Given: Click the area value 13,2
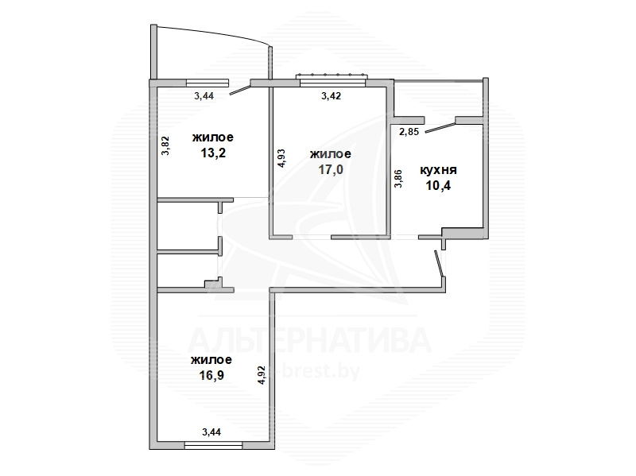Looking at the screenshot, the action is click(213, 153).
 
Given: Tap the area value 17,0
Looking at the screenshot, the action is click(331, 169).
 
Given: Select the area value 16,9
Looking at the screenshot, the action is click(211, 375).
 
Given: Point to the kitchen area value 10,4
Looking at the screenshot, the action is click(438, 185).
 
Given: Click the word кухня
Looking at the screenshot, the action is click(438, 170).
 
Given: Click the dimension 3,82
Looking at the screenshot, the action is click(165, 145).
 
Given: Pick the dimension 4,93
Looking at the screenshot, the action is click(281, 157).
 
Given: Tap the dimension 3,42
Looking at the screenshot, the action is click(331, 96).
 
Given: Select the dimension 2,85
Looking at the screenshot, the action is click(409, 132).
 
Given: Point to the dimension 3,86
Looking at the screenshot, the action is click(398, 178).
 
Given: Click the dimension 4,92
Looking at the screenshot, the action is click(262, 375).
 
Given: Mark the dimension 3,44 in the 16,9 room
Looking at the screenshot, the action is click(211, 432).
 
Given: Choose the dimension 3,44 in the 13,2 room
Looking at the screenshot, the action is click(204, 96).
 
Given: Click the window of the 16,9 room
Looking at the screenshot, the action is click(213, 445).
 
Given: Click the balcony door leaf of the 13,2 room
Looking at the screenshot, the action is click(241, 90).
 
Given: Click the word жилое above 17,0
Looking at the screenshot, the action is click(331, 154).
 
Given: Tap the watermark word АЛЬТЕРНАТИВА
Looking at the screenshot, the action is click(309, 340).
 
